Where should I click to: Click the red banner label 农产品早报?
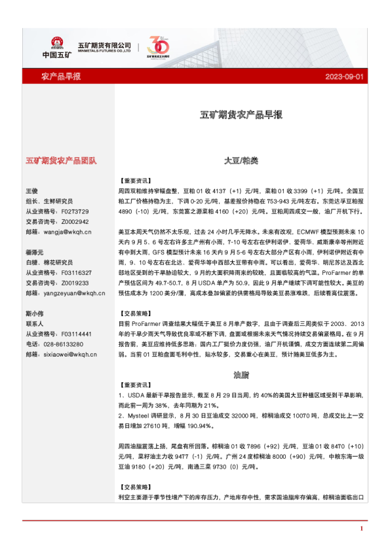(x=61, y=77)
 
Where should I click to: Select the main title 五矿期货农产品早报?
(x=241, y=115)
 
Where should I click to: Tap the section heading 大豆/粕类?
(x=241, y=160)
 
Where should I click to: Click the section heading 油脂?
(x=241, y=376)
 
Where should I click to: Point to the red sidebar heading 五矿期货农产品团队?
(x=61, y=160)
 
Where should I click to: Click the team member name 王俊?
(x=31, y=190)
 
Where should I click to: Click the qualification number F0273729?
(x=74, y=211)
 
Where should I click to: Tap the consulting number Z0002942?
(x=74, y=222)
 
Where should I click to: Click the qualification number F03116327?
(x=75, y=272)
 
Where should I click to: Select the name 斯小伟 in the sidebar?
(x=34, y=313)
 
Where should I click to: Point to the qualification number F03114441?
(x=75, y=334)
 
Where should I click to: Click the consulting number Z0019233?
(x=74, y=283)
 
